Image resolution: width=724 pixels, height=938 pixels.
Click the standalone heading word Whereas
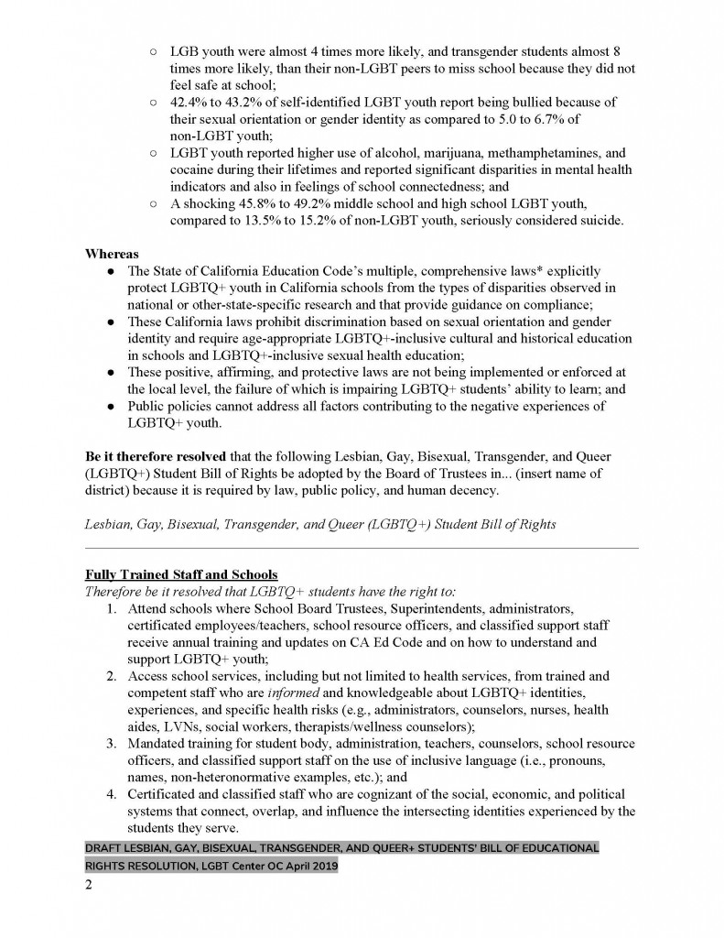point(111,252)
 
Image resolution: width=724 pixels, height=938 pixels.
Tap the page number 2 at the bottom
point(89,887)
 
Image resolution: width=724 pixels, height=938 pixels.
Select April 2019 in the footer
point(305,866)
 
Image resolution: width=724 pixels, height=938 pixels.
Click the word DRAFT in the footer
point(108,847)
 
